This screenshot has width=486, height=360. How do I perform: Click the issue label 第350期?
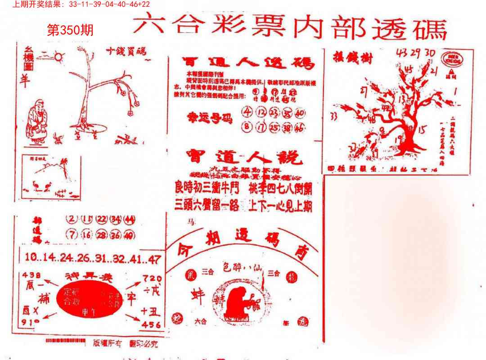[x=71, y=31]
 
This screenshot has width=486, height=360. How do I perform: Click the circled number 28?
[x=102, y=235]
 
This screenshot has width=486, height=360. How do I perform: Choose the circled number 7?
[x=71, y=235]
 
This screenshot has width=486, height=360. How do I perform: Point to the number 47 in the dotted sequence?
[x=154, y=259]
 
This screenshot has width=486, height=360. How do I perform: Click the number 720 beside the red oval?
[x=152, y=279]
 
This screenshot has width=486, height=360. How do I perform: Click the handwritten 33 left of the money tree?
[x=334, y=116]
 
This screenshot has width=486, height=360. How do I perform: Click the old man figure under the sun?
[x=36, y=121]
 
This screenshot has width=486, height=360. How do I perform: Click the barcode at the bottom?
[x=66, y=341]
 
